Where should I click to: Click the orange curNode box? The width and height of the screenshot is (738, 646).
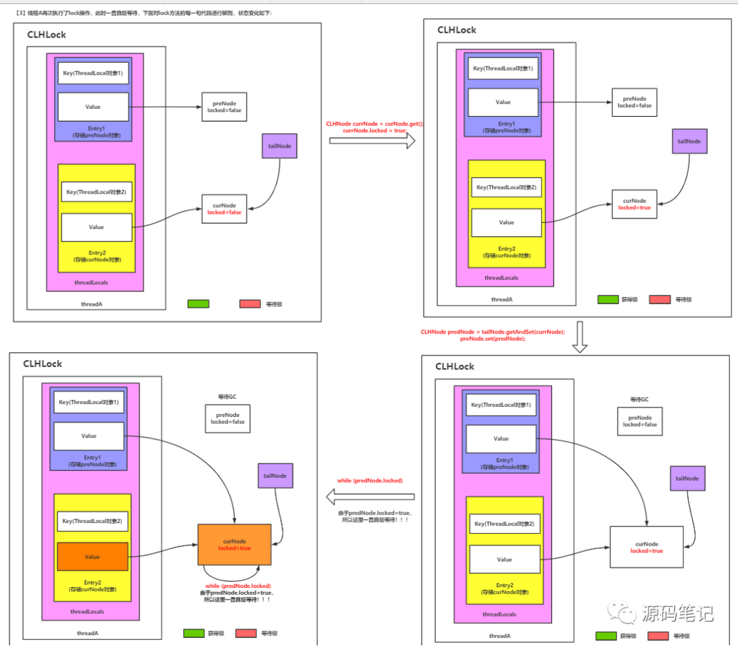[x=234, y=544]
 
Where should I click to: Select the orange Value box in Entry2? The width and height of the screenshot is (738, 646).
[x=92, y=556]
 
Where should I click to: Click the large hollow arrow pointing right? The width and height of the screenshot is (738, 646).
[x=372, y=141]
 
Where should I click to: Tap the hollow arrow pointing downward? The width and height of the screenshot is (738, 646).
[x=579, y=338]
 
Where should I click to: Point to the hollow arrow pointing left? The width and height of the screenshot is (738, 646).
[x=369, y=496]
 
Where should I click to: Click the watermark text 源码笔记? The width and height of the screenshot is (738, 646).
[x=677, y=613]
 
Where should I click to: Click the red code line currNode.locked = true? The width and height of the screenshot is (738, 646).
[x=374, y=131]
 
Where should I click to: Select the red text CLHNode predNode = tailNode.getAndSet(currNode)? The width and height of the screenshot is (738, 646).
[x=493, y=332]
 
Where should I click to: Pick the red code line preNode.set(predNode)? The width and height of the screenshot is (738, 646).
[x=493, y=339]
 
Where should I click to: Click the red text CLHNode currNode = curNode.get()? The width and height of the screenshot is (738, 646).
[x=374, y=124]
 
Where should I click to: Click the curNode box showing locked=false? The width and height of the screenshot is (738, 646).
[x=224, y=208]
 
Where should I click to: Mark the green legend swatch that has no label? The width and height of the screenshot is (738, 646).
[x=198, y=304]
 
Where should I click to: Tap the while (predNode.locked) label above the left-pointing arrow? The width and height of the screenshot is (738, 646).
[x=370, y=481]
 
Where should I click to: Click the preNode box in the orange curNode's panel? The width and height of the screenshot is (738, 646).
[x=228, y=418]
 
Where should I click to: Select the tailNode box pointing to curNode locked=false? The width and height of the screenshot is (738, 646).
[x=279, y=146]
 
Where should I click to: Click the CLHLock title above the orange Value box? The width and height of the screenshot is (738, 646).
[x=42, y=364]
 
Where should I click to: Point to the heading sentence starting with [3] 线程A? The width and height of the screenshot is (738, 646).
[x=143, y=13]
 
